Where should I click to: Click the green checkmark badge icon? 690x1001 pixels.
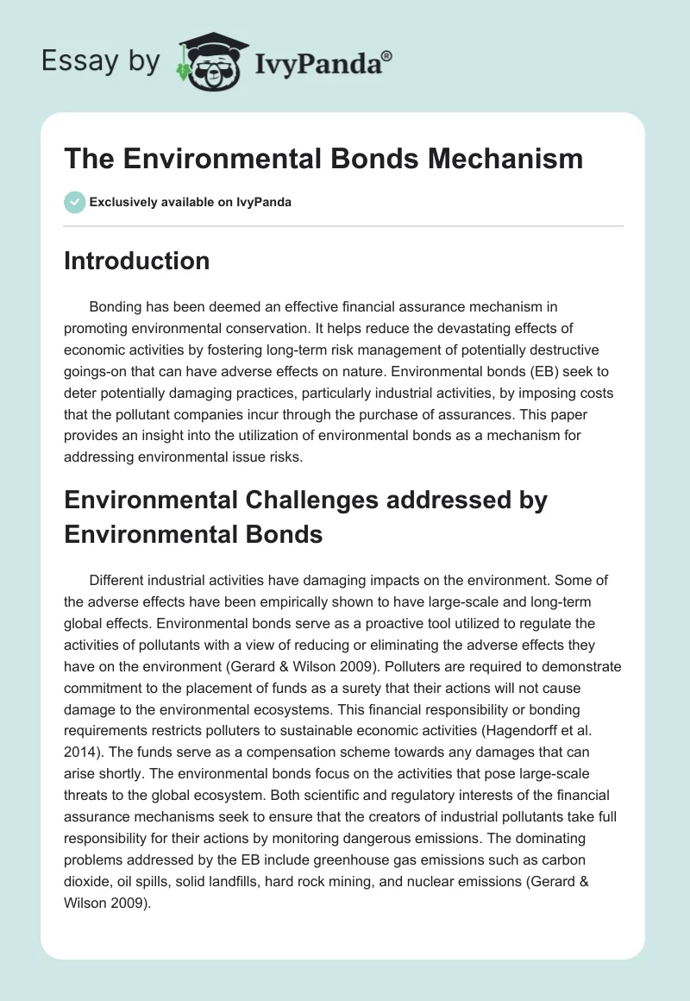tap(74, 202)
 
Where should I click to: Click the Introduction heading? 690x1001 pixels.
tap(136, 261)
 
